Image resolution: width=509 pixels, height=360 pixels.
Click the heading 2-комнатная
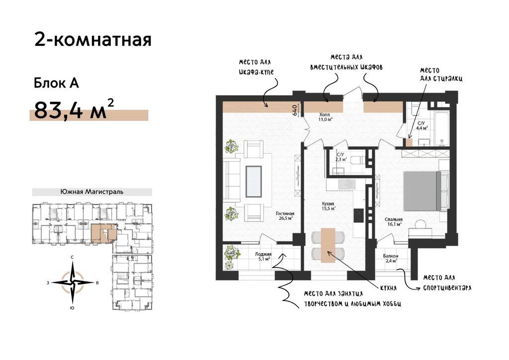(x=93, y=40)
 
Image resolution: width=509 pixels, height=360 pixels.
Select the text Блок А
(x=57, y=83)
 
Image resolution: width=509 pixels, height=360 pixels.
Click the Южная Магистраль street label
(x=92, y=192)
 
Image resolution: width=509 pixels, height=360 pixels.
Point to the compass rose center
(x=73, y=282)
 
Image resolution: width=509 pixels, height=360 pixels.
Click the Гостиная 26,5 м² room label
(x=285, y=216)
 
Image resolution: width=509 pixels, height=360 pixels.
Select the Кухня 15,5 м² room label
(x=328, y=206)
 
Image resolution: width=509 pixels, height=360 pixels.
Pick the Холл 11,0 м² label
(x=325, y=117)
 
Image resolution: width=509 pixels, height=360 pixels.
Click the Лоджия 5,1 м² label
(x=263, y=257)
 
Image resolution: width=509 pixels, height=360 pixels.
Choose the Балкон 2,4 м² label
(x=391, y=259)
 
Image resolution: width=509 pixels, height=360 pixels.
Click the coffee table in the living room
(x=254, y=181)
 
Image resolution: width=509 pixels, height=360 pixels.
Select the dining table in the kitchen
(x=328, y=245)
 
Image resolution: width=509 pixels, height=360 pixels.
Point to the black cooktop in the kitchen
(x=358, y=215)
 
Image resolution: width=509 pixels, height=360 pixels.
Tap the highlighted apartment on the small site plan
(x=104, y=233)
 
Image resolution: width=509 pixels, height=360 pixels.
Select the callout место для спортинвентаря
(x=447, y=283)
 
